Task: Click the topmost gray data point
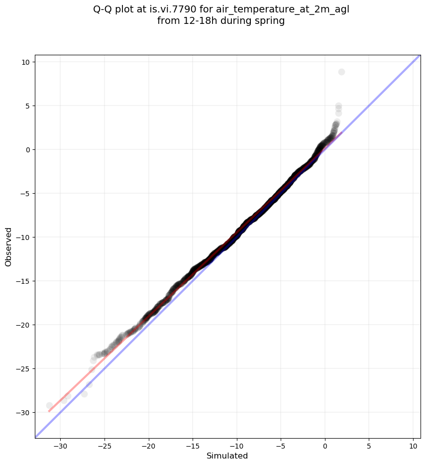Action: [341, 72]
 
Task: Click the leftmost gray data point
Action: [49, 405]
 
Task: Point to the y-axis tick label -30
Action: [23, 413]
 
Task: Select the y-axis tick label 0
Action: [28, 149]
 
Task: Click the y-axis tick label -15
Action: [23, 281]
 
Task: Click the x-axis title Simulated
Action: [227, 456]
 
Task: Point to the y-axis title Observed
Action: [8, 246]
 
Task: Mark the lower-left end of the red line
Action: [49, 411]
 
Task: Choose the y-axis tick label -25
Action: [23, 369]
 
